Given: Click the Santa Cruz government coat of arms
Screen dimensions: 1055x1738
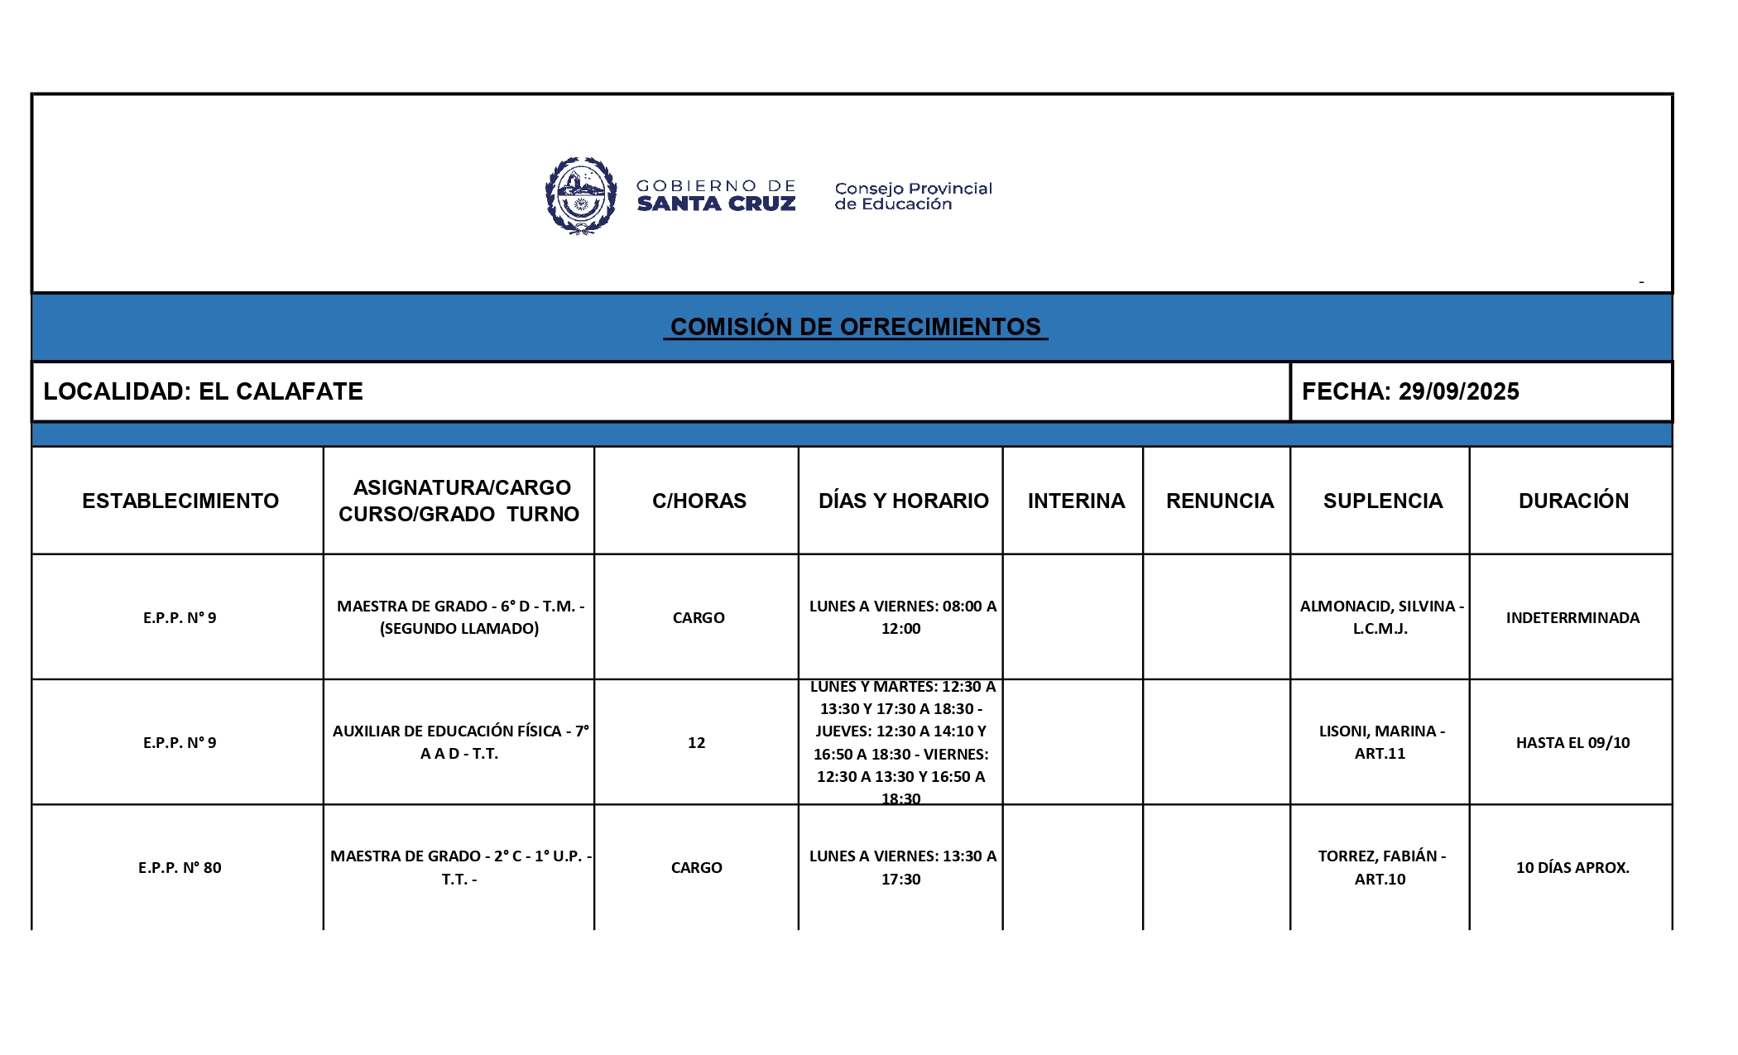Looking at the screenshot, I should pyautogui.click(x=581, y=196).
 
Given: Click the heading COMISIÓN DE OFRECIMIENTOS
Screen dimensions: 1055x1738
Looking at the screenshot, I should pyautogui.click(x=855, y=327).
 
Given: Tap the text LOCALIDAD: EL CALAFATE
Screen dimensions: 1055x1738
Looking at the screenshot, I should pyautogui.click(x=203, y=391).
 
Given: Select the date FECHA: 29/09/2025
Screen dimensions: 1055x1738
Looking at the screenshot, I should pyautogui.click(x=1409, y=391).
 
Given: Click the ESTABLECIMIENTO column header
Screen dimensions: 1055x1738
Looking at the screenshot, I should pyautogui.click(x=180, y=501).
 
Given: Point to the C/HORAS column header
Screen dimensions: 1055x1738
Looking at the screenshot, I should pyautogui.click(x=699, y=501).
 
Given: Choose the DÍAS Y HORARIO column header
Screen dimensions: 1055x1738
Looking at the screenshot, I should pyautogui.click(x=903, y=501).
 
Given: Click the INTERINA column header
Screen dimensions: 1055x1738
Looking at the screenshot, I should pyautogui.click(x=1076, y=501).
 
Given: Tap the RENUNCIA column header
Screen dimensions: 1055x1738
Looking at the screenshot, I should pyautogui.click(x=1219, y=501).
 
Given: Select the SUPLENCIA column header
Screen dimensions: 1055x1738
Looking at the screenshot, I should pyautogui.click(x=1382, y=501).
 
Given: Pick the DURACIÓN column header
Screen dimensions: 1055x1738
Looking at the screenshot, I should pyautogui.click(x=1572, y=501).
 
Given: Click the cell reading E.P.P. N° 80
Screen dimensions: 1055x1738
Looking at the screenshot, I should pyautogui.click(x=180, y=867).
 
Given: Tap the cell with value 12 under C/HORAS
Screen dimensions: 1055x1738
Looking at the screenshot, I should pyautogui.click(x=696, y=742).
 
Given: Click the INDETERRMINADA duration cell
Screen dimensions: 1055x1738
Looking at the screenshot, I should pyautogui.click(x=1572, y=617).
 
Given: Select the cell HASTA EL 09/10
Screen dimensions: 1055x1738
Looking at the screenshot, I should pyautogui.click(x=1572, y=742).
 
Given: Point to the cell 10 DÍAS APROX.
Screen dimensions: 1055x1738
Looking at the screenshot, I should pyautogui.click(x=1572, y=867).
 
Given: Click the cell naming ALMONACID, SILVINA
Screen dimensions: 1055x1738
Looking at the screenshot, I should pyautogui.click(x=1380, y=617).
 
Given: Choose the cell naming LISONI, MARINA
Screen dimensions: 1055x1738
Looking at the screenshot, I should pyautogui.click(x=1380, y=742).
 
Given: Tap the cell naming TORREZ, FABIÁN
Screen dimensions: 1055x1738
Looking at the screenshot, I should pyautogui.click(x=1380, y=867).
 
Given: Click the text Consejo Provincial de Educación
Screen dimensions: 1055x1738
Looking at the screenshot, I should pyautogui.click(x=912, y=196).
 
